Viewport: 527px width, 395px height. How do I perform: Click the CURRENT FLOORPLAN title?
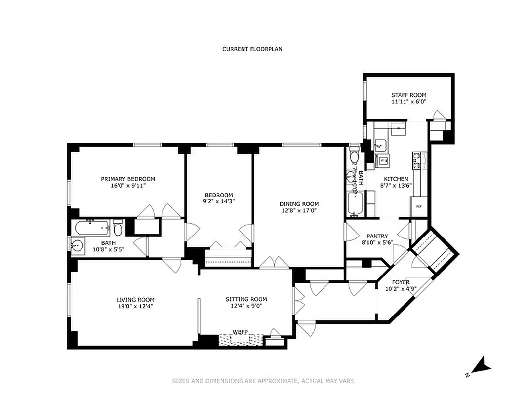pyautogui.click(x=252, y=49)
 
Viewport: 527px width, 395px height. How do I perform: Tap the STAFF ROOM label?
pyautogui.click(x=408, y=95)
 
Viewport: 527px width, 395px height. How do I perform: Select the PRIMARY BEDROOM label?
pyautogui.click(x=128, y=179)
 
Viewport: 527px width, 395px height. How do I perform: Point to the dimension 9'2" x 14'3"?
pyautogui.click(x=219, y=201)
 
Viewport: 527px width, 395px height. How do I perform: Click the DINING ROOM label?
pyautogui.click(x=299, y=204)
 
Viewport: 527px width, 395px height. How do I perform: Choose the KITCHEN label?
pyautogui.click(x=394, y=179)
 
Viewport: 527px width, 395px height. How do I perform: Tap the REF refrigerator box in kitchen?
pyautogui.click(x=419, y=207)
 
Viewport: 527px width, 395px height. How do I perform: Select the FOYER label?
pyautogui.click(x=401, y=282)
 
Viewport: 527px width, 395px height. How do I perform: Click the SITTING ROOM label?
pyautogui.click(x=246, y=299)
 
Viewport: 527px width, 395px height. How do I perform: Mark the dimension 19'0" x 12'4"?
pyautogui.click(x=135, y=306)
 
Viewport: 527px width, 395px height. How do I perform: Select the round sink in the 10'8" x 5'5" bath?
pyautogui.click(x=78, y=246)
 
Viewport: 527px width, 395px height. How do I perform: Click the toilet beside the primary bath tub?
pyautogui.click(x=118, y=228)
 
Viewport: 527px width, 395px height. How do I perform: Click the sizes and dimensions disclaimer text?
pyautogui.click(x=263, y=381)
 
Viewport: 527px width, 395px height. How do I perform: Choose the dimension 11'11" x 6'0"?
pyautogui.click(x=408, y=102)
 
